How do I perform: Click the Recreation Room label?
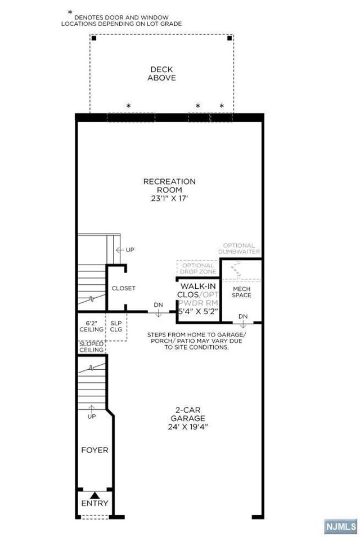(169, 186)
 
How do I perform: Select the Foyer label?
(94, 450)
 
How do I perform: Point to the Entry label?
(94, 503)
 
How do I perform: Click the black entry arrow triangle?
(94, 493)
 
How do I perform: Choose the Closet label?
(123, 288)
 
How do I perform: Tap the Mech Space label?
(242, 292)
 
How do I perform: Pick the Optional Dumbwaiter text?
(239, 249)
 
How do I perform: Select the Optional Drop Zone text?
(198, 268)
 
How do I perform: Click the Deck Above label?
(161, 74)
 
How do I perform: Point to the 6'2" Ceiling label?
(91, 326)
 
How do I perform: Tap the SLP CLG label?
(116, 326)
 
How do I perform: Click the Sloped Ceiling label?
(91, 346)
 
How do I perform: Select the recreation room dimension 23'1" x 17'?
(169, 199)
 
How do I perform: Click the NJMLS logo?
(340, 526)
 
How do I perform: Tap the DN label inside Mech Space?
(242, 316)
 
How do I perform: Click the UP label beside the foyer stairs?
(91, 417)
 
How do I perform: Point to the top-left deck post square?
(94, 38)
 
